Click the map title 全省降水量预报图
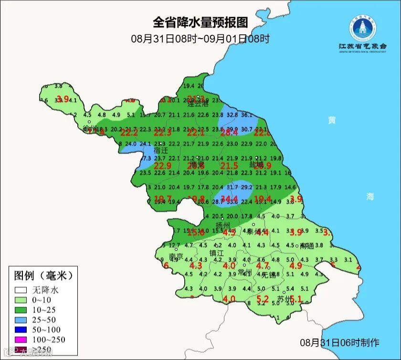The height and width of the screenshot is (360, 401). coord(200,22)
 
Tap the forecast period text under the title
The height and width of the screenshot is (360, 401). coord(200,39)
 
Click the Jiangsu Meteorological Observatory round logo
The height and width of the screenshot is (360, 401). coord(362,28)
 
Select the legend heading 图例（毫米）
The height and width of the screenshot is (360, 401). coord(43,275)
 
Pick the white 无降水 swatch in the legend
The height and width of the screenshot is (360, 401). coord(20,290)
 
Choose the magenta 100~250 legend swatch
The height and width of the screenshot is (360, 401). coord(20,339)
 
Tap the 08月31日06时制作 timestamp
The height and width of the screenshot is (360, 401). coord(339,342)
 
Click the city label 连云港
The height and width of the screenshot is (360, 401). coord(198,103)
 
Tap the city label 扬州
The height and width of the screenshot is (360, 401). coord(222,225)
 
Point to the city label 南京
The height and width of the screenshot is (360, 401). coord(176,256)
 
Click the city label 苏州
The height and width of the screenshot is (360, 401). coord(284,299)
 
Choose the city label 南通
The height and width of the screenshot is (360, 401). coord(307,246)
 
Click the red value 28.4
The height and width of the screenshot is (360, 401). coord(229,132)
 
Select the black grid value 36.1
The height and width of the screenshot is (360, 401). coord(247,115)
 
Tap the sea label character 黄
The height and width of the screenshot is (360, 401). coord(331,120)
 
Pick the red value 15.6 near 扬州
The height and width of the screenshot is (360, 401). coord(195,233)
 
